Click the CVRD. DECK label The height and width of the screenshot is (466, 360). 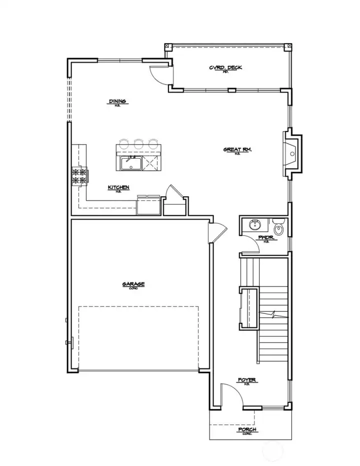point(225,68)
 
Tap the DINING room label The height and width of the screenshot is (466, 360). point(118,102)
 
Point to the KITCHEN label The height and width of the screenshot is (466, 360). point(118,188)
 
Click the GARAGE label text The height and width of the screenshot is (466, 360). point(133,284)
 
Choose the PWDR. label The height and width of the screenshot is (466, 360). point(265,238)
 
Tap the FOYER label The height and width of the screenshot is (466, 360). point(247,380)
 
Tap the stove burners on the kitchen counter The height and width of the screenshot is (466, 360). point(80,177)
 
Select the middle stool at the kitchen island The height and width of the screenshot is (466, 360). point(138,144)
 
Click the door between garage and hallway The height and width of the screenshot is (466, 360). point(218,232)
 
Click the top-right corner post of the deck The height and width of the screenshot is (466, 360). point(287,48)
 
